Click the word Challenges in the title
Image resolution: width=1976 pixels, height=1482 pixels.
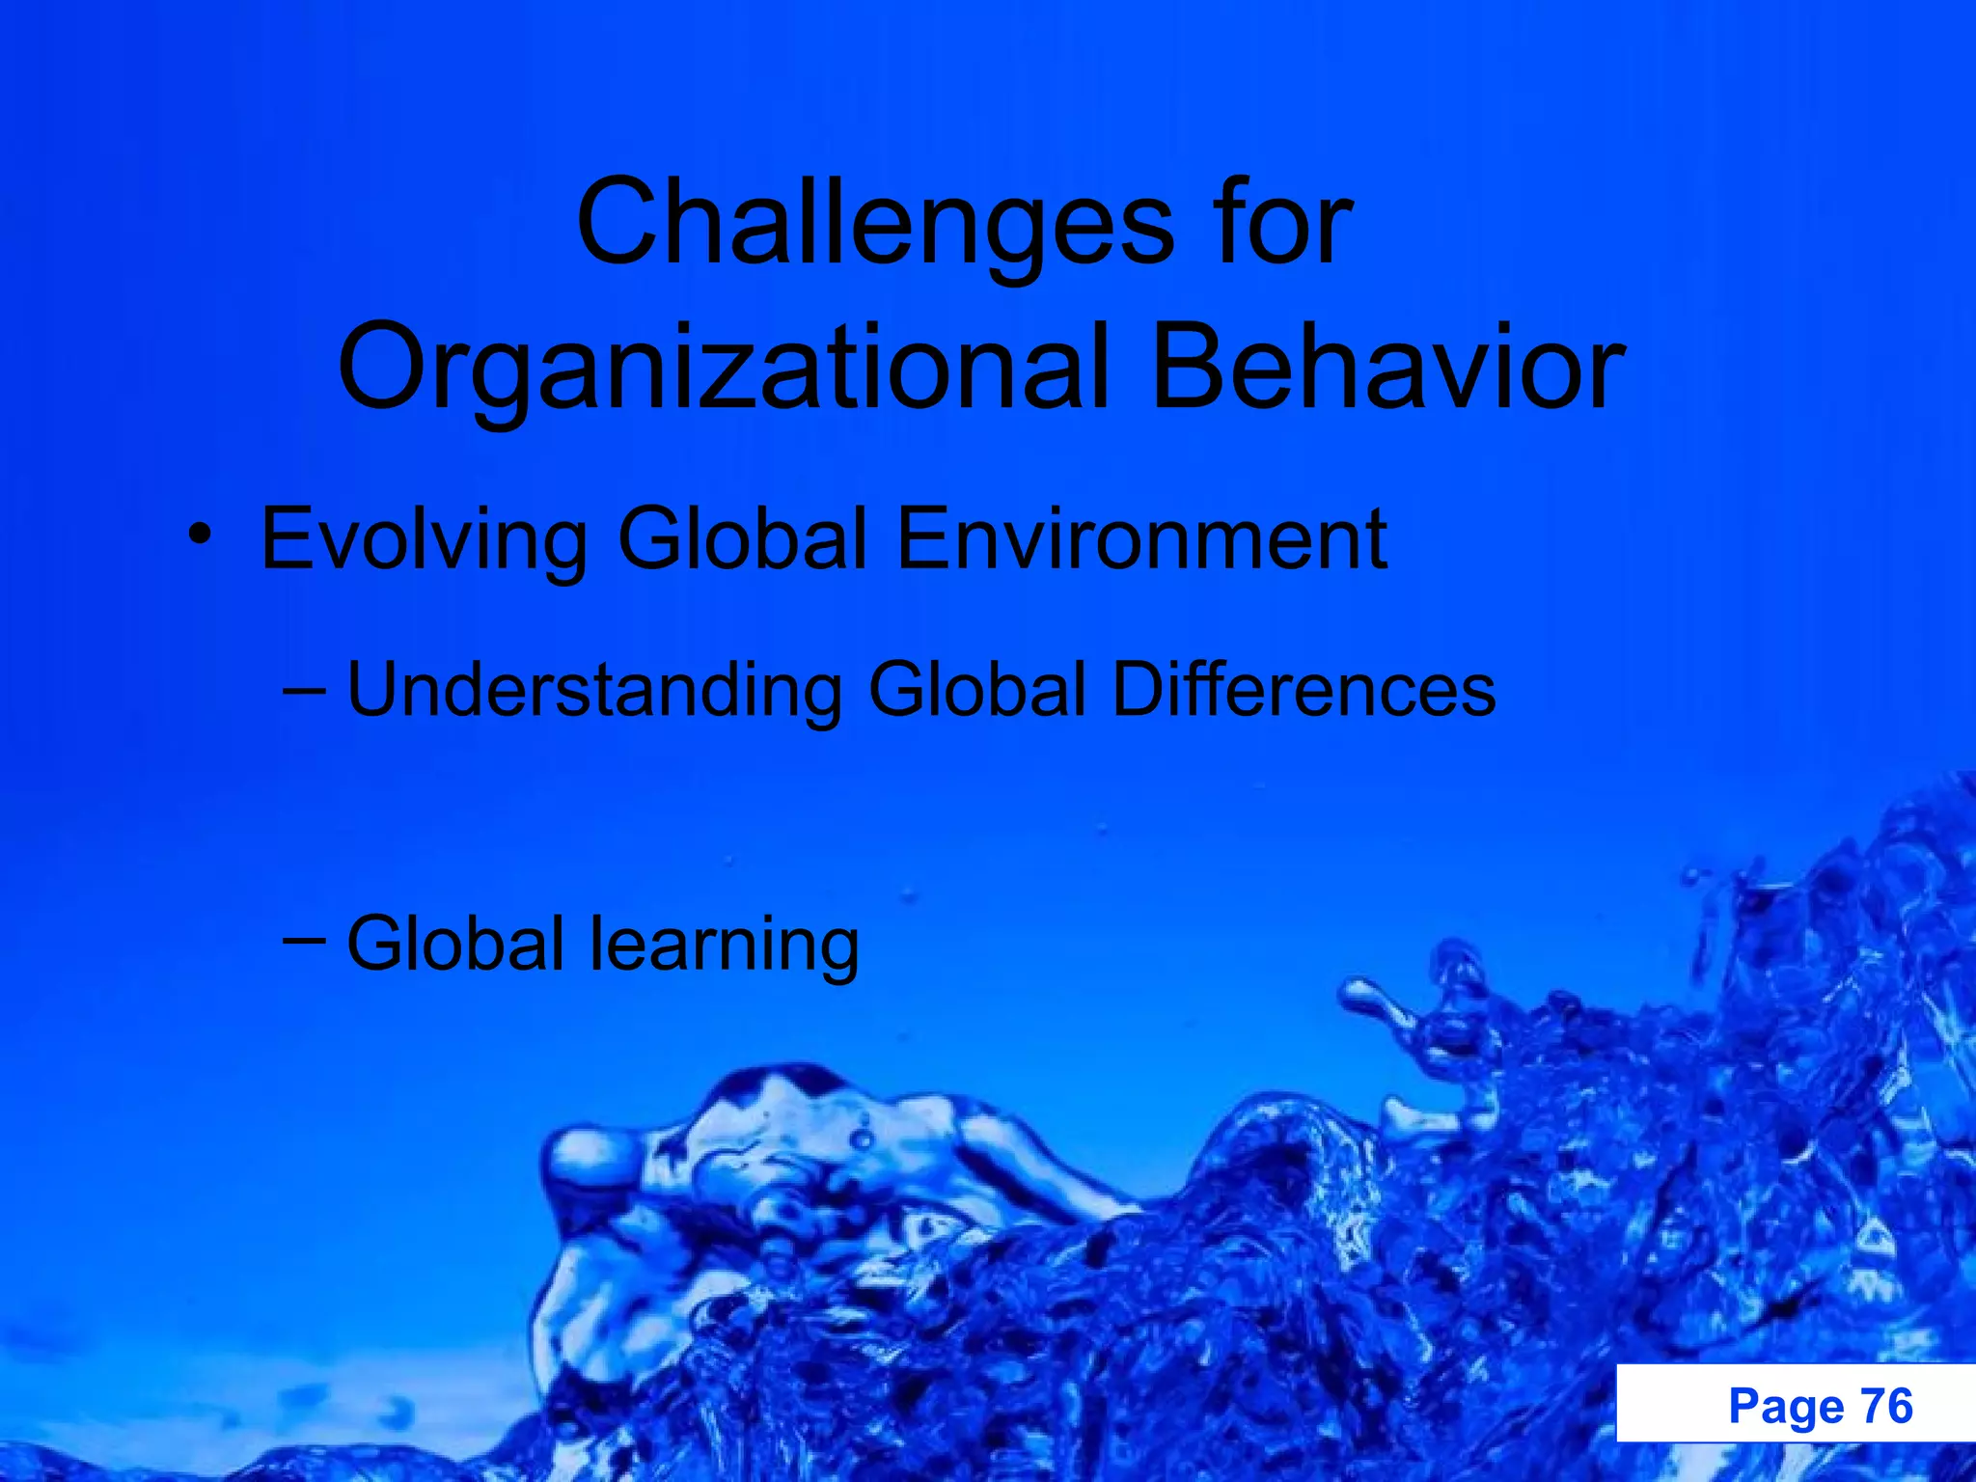pos(874,224)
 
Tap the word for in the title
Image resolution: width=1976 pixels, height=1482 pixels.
pos(1283,224)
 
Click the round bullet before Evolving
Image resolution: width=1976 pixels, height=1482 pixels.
pos(199,534)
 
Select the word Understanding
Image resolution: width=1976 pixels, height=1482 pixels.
pos(593,691)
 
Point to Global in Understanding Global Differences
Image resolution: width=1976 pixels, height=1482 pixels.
pos(977,691)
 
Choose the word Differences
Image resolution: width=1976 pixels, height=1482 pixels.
pos(1304,691)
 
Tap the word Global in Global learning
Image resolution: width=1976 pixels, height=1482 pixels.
pos(455,944)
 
